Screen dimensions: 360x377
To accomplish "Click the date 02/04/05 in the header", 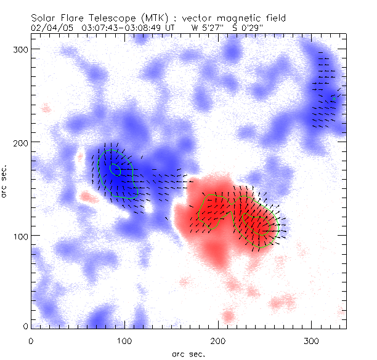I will [49, 27].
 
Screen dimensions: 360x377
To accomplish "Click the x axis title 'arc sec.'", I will [188, 353].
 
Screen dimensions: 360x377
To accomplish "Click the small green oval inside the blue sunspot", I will [115, 168].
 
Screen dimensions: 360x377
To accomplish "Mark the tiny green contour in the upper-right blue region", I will [334, 98].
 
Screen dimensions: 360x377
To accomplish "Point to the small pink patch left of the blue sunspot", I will [89, 198].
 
